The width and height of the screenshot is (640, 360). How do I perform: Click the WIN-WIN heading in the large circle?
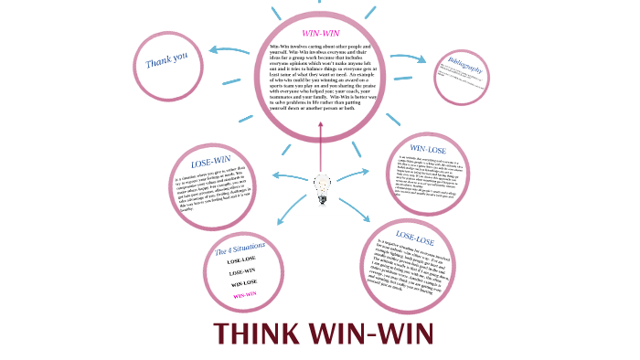(x=321, y=34)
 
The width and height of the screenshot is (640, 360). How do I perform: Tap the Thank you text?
(x=166, y=60)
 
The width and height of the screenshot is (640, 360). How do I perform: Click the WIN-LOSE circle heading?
(x=429, y=148)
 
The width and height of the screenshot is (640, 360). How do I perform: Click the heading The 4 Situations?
(x=240, y=249)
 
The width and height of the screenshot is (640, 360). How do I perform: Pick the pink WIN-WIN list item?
(x=243, y=295)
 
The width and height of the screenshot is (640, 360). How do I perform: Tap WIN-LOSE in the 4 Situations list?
(x=242, y=284)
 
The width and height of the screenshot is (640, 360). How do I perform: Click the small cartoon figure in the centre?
(x=321, y=188)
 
